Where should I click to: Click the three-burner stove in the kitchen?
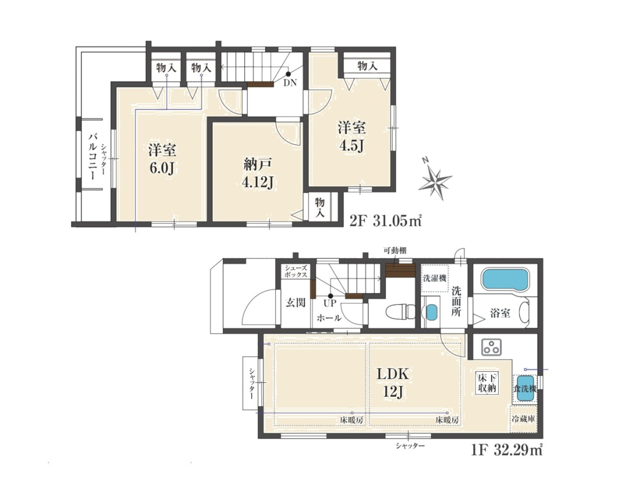coord(490,347)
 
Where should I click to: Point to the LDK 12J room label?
coord(393,383)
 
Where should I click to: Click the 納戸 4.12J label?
coord(257,174)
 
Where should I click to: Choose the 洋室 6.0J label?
coord(162,158)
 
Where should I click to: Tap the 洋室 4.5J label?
coord(352,136)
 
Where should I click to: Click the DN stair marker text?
coord(290,84)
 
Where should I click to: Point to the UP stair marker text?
coord(330,303)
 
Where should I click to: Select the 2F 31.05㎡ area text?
coord(385,220)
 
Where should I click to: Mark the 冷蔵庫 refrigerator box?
coord(523,418)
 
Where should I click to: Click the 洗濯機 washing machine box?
coord(435,278)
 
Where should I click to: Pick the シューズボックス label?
coord(296,271)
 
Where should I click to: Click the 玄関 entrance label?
coord(295,303)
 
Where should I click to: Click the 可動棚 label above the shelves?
coord(395,251)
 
